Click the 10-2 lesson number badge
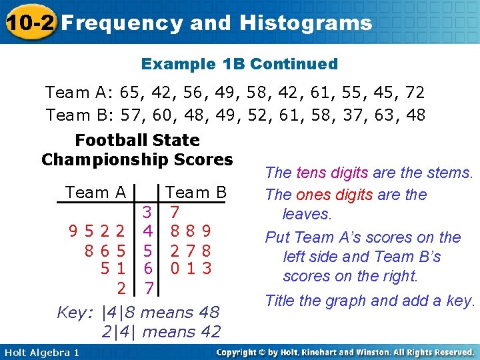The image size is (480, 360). pyautogui.click(x=29, y=23)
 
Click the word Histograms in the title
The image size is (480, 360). pyautogui.click(x=306, y=23)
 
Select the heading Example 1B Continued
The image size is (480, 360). pyautogui.click(x=239, y=64)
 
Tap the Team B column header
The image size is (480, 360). pyautogui.click(x=196, y=193)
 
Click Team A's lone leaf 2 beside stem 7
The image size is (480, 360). pyautogui.click(x=121, y=288)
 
